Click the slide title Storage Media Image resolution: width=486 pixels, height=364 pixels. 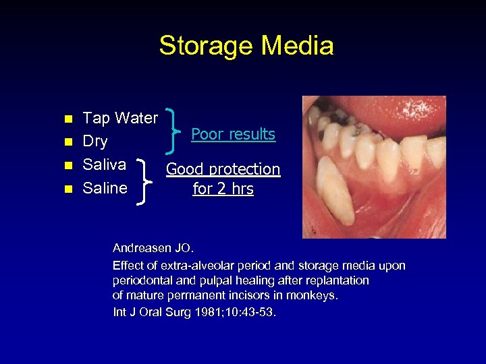tap(246, 46)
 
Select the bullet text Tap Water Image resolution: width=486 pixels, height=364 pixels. tap(119, 119)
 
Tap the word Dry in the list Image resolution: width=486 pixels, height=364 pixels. tap(94, 142)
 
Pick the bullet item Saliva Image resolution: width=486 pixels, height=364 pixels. tap(104, 164)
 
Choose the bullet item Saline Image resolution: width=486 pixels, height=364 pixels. tap(105, 187)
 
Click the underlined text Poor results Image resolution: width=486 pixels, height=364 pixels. tap(233, 134)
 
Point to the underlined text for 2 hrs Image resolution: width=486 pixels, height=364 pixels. tap(223, 189)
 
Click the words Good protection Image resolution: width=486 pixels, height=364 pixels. tap(223, 169)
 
